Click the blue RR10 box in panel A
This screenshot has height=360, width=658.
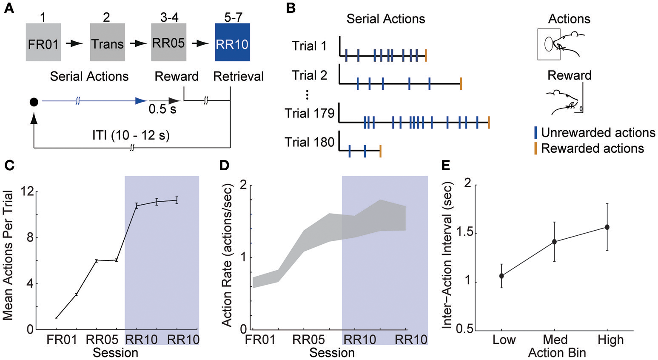coord(232,43)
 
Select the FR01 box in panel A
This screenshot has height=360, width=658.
coord(43,43)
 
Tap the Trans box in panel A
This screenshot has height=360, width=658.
coord(107,43)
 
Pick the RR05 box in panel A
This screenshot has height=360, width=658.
coord(168,43)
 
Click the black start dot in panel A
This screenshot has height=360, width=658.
coord(34,102)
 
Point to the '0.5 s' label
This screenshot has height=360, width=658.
coord(162,110)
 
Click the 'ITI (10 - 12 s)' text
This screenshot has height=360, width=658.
coord(131,136)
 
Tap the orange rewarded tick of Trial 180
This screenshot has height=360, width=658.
coord(380,151)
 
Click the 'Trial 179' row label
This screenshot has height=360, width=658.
coord(310,114)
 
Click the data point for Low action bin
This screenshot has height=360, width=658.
coord(502,276)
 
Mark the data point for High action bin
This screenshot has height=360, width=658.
coord(607,227)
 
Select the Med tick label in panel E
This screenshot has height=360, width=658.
coord(555,340)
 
